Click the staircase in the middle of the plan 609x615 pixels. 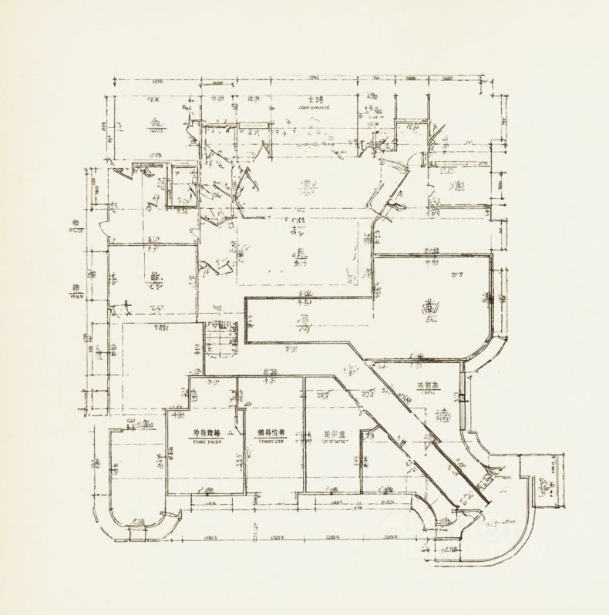pyautogui.click(x=222, y=339)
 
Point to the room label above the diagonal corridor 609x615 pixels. pyautogui.click(x=426, y=385)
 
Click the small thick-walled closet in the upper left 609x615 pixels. pyautogui.click(x=183, y=185)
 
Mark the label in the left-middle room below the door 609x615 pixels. pyautogui.click(x=156, y=279)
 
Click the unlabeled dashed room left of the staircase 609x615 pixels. pyautogui.click(x=154, y=366)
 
